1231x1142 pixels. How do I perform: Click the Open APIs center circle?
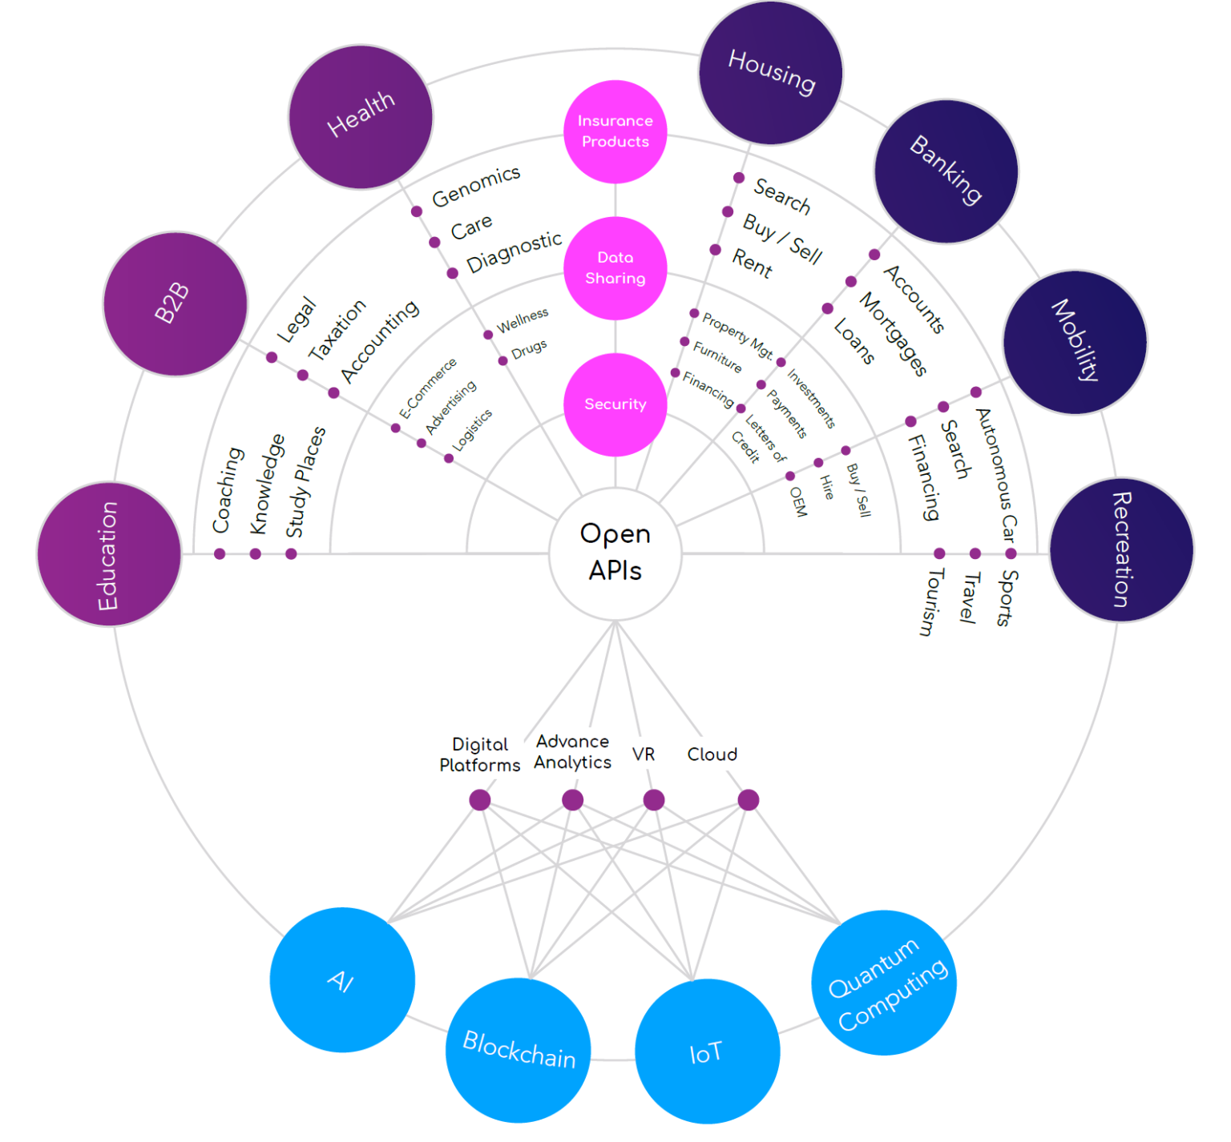(x=615, y=553)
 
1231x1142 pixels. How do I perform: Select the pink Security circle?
(x=615, y=404)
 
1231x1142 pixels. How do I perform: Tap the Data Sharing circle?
(x=615, y=267)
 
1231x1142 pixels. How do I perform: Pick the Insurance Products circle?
(x=615, y=131)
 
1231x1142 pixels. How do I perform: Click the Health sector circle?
(x=361, y=117)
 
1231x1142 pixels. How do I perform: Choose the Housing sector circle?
(x=771, y=73)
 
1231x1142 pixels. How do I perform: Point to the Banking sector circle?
(x=946, y=171)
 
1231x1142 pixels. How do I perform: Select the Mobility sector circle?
(x=1075, y=342)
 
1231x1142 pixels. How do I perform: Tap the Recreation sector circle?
(x=1121, y=550)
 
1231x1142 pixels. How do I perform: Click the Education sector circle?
(x=109, y=554)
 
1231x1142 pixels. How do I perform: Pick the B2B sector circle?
(x=175, y=304)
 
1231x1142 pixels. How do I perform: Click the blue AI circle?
(x=342, y=979)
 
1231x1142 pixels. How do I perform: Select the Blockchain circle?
(x=519, y=1049)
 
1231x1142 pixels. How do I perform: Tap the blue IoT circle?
(x=707, y=1051)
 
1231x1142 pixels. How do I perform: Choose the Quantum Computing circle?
(x=884, y=983)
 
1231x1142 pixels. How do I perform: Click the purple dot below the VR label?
(x=654, y=799)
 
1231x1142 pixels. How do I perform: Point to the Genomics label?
(x=476, y=187)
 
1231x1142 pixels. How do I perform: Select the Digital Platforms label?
(x=479, y=754)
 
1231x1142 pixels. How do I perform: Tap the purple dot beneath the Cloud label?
(x=748, y=799)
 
